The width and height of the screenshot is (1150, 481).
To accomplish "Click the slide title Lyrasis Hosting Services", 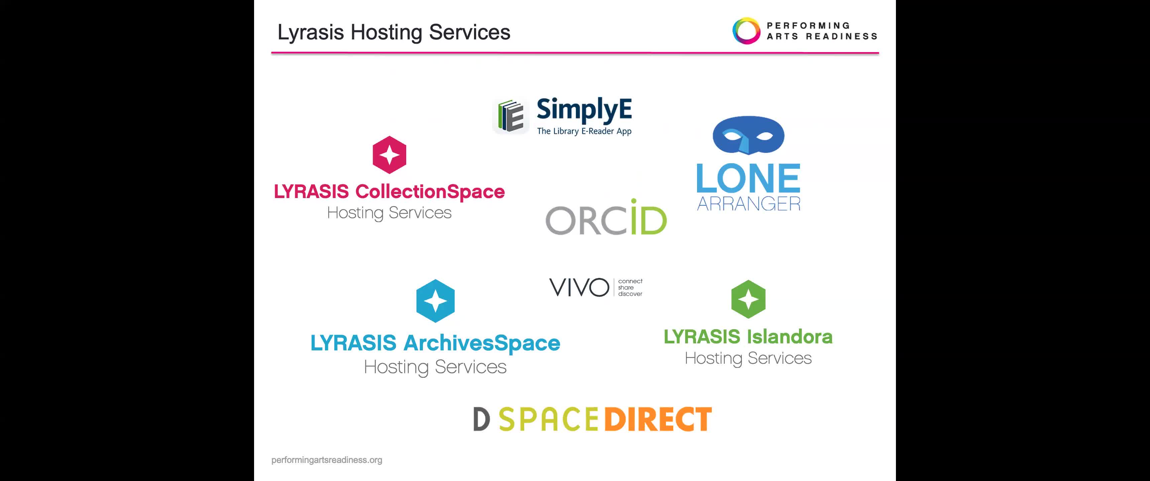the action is point(394,32).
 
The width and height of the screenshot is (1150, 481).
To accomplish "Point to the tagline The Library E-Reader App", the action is point(584,131).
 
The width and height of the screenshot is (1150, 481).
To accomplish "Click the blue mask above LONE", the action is point(748,135).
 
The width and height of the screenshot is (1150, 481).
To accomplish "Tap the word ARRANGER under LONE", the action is point(749,203).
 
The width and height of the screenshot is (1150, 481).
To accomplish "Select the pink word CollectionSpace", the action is point(430,192).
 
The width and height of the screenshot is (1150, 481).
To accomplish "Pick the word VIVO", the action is point(579,287).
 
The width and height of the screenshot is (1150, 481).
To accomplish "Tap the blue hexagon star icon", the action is point(435,301).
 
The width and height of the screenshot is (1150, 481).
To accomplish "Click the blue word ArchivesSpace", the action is point(482,343).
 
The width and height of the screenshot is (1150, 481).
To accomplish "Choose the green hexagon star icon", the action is point(748,299).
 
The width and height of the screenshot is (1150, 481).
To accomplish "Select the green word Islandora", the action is point(790,337).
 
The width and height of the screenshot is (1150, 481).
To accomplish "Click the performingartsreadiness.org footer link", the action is point(327,460).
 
